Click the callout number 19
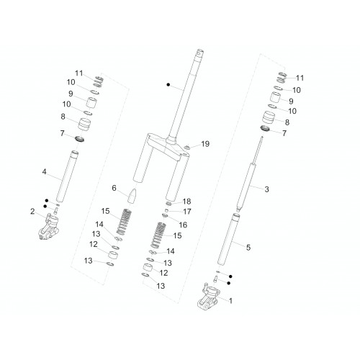[x=205, y=144]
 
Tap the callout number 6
[x=114, y=188]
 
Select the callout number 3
[x=266, y=189]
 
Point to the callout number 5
[x=248, y=248]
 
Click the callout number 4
[x=44, y=172]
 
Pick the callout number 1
[x=230, y=301]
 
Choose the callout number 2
[x=32, y=212]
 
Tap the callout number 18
[x=186, y=202]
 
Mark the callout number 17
[x=187, y=212]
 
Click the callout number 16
[x=183, y=225]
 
